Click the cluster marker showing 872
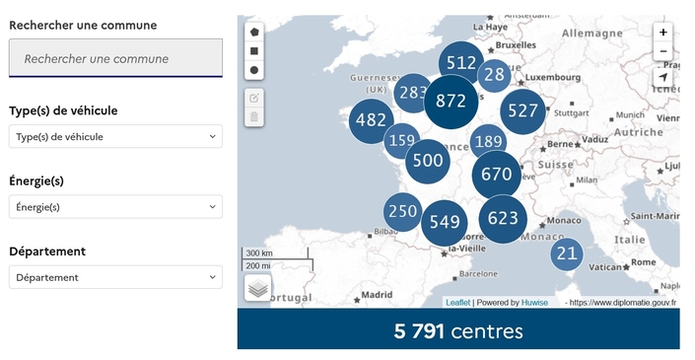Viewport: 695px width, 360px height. tap(451, 101)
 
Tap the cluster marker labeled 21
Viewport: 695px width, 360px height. tap(566, 253)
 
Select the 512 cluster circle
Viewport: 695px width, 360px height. tap(461, 63)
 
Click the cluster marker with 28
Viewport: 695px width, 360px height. tap(494, 75)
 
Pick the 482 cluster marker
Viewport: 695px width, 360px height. tap(372, 120)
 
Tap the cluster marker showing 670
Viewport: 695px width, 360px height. tap(496, 175)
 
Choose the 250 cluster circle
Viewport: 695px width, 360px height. tap(402, 211)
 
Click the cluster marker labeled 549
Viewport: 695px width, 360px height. tap(445, 222)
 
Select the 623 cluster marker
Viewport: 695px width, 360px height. tap(503, 218)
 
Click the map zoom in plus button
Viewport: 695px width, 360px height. tap(662, 32)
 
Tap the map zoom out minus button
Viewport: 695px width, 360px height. tap(662, 51)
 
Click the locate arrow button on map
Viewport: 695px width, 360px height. tap(662, 77)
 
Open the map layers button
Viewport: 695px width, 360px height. tap(257, 287)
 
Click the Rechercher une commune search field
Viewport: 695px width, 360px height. tap(115, 58)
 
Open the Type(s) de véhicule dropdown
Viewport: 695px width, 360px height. tap(115, 136)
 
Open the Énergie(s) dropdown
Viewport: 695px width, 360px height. tap(115, 207)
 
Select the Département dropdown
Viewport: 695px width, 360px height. tap(115, 277)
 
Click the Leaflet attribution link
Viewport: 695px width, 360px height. tap(457, 303)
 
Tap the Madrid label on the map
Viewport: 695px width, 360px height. tap(377, 294)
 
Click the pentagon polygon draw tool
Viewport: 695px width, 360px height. tap(254, 32)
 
